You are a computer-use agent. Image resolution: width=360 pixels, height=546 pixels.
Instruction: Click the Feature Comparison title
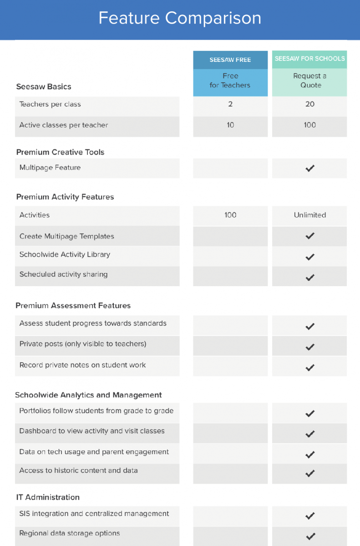coord(180,18)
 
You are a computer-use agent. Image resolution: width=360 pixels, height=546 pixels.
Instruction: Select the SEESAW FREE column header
coord(230,60)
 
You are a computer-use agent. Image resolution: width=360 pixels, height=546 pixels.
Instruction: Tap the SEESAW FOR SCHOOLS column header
coord(309,59)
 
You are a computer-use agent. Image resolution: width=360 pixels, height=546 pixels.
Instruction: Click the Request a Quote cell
coord(310,81)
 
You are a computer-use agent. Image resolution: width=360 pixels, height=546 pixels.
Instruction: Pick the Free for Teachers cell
coord(230,81)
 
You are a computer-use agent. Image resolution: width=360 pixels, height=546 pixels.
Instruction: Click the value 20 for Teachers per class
coord(310,104)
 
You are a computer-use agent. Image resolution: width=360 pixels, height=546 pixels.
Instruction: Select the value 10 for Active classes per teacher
coord(230,125)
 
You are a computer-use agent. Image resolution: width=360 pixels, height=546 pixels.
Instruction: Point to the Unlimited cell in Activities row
coord(310,215)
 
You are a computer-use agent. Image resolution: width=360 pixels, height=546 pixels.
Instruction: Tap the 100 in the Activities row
coord(230,215)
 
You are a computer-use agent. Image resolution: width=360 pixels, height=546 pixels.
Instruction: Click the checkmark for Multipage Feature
coord(310,168)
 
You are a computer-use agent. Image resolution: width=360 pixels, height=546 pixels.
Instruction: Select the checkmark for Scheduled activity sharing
coord(310,278)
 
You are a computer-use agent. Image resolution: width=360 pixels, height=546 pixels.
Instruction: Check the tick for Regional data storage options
coord(310,536)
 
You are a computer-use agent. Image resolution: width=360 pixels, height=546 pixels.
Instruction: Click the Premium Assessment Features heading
coord(73,306)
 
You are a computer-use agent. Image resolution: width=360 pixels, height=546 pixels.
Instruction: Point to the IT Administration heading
coord(48,497)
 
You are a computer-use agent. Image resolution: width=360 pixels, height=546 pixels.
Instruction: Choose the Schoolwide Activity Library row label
coord(65,255)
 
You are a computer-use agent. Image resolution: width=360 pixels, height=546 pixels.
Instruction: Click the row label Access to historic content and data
coord(78,470)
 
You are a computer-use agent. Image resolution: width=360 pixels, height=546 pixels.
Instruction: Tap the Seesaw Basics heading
coord(44,86)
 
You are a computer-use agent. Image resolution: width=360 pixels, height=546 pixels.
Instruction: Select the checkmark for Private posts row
coord(310,347)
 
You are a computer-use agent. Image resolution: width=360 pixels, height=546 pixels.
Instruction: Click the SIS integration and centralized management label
coord(94,514)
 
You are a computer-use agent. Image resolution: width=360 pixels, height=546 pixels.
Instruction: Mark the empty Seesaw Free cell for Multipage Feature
coord(230,168)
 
